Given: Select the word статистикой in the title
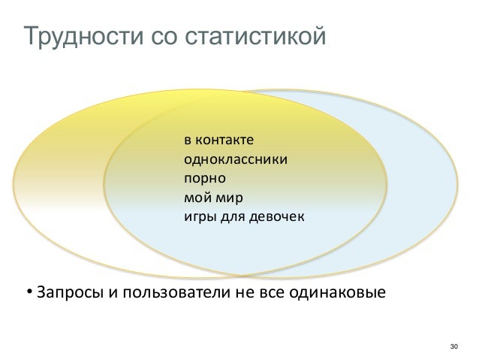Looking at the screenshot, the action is [252, 36].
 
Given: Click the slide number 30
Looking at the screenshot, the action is [452, 346].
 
